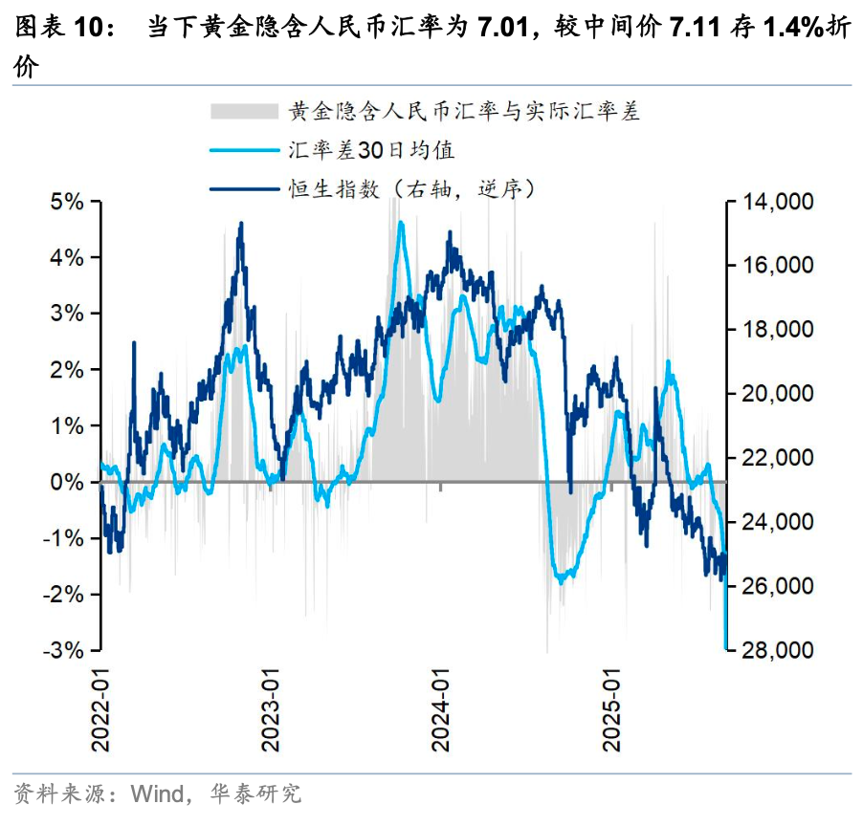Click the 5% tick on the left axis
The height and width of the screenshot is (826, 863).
66,202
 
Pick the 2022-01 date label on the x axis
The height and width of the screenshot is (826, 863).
100,703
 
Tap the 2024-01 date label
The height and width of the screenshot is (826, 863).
441,703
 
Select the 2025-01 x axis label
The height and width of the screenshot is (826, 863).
611,703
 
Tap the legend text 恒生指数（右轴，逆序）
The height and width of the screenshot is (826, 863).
411,188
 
